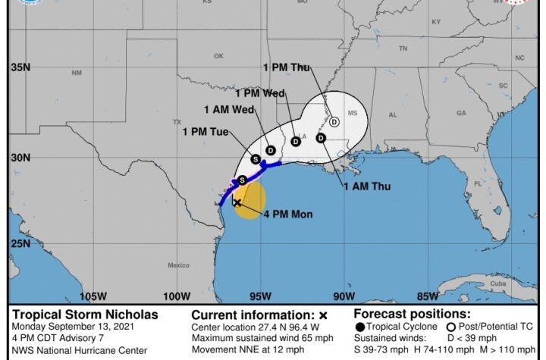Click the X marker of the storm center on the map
pyautogui.click(x=237, y=203)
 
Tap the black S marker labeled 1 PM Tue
pyautogui.click(x=256, y=159)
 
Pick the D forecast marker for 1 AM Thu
pyautogui.click(x=321, y=138)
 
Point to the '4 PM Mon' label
pyautogui.click(x=288, y=214)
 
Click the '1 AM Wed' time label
pyautogui.click(x=228, y=109)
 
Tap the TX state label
pyautogui.click(x=177, y=122)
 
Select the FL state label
pyautogui.click(x=477, y=184)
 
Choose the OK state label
pyautogui.click(x=218, y=56)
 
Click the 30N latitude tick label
pyautogui.click(x=20, y=158)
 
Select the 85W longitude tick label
pyautogui.click(x=428, y=296)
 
